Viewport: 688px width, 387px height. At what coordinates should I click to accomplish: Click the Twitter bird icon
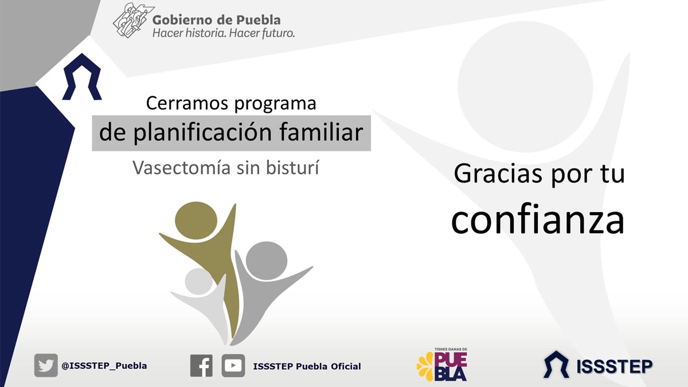pyautogui.click(x=46, y=365)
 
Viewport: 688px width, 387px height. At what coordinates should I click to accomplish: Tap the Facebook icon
pyautogui.click(x=201, y=366)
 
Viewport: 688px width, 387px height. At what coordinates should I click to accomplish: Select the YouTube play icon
pyautogui.click(x=233, y=366)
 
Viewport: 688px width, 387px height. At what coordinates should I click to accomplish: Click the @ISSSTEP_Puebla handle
pyautogui.click(x=104, y=366)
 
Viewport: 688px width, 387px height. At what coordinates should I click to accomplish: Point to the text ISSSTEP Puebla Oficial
pyautogui.click(x=307, y=366)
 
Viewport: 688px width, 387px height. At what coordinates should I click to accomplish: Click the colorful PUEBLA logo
pyautogui.click(x=442, y=364)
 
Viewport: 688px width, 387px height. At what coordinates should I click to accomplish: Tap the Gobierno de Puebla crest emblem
pyautogui.click(x=134, y=20)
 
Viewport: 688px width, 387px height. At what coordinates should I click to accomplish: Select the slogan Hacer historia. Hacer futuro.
pyautogui.click(x=224, y=33)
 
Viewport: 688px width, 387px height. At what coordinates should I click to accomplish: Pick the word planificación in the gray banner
pyautogui.click(x=203, y=132)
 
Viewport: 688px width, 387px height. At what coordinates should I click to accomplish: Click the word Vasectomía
pyautogui.click(x=182, y=167)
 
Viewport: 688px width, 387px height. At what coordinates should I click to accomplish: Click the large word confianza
pyautogui.click(x=538, y=220)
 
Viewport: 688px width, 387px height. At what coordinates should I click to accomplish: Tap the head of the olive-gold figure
pyautogui.click(x=196, y=221)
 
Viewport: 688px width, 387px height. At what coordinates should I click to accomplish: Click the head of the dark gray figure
pyautogui.click(x=267, y=261)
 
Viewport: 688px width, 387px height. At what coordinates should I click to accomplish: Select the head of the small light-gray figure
pyautogui.click(x=199, y=282)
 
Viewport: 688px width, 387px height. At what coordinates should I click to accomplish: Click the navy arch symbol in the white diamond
pyautogui.click(x=82, y=77)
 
